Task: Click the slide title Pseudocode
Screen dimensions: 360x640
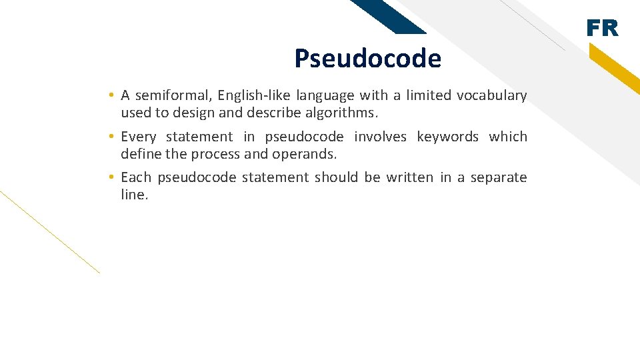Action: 367,59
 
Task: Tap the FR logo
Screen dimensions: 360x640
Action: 603,29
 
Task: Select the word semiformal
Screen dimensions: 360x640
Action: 167,95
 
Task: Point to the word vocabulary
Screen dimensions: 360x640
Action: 491,95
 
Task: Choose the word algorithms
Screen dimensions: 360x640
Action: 347,113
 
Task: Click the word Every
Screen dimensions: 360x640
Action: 139,137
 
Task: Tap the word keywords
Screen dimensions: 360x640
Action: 447,137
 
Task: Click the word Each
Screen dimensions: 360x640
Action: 136,177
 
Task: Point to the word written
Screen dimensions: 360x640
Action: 409,177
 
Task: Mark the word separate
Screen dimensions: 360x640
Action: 499,177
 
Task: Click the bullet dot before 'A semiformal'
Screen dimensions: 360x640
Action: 114,96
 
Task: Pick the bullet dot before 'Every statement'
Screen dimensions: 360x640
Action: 114,137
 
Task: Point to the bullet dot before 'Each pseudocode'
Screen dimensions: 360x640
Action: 114,178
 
